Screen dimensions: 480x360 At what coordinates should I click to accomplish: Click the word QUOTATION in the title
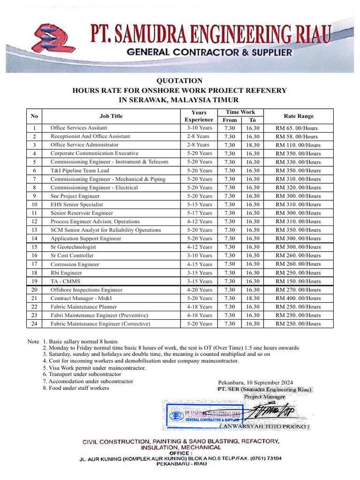coord(180,81)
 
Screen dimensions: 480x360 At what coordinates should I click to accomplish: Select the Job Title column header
coord(111,116)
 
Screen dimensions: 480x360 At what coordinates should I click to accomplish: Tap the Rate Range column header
coord(299,116)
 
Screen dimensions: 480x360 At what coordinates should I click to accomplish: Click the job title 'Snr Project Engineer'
coord(75,196)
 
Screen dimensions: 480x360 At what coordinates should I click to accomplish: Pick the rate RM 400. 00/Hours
coord(298,298)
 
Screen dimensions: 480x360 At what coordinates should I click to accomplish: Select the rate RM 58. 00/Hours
coord(297,136)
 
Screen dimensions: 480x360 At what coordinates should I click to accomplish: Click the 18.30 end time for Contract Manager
coord(253,298)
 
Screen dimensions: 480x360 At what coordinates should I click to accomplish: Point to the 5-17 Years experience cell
coord(199,213)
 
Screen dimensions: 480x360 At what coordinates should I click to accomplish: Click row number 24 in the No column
coord(34,323)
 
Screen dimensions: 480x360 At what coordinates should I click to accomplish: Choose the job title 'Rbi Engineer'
coord(66,273)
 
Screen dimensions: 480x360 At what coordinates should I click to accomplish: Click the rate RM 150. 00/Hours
coord(298,281)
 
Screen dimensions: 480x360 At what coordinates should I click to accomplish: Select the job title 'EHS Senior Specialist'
coord(77,204)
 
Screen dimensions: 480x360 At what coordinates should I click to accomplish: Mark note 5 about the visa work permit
coord(94,368)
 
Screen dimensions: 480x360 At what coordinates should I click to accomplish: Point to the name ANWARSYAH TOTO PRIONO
coord(264,427)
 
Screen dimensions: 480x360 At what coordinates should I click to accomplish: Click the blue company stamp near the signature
coord(202,415)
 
